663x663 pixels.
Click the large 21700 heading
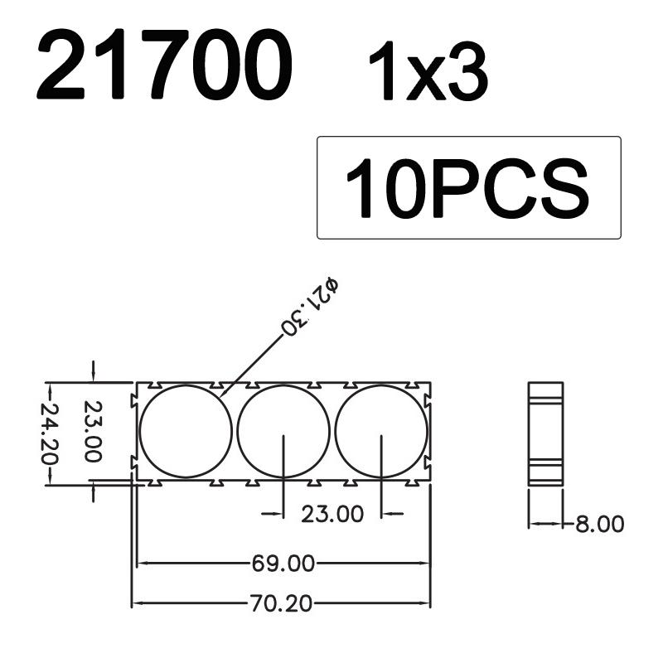pos(164,64)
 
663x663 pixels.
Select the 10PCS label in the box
pos(468,188)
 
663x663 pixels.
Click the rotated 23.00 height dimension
pos(92,433)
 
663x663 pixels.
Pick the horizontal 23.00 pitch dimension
pos(332,514)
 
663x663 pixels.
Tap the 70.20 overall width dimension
pos(283,604)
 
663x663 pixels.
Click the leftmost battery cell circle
pos(186,431)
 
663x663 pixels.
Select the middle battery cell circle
pos(283,431)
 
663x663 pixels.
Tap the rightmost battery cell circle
pos(381,431)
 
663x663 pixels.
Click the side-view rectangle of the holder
pos(545,433)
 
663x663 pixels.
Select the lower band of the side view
pos(545,465)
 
